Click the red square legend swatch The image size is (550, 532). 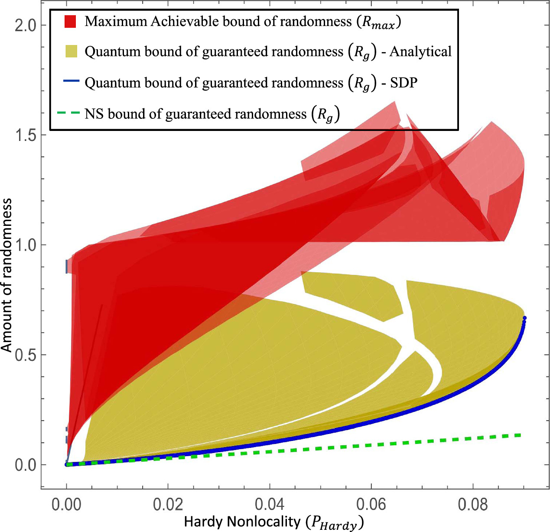70,22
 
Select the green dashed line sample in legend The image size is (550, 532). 68,113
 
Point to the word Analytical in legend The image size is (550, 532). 420,52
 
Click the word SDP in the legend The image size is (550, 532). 403,82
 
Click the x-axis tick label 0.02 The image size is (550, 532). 168,505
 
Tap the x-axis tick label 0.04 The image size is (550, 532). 269,505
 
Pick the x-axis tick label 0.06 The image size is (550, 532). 371,505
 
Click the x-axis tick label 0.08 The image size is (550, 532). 472,505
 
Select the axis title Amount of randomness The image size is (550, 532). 7,275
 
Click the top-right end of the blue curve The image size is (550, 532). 524,318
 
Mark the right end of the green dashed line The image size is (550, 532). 519,435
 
